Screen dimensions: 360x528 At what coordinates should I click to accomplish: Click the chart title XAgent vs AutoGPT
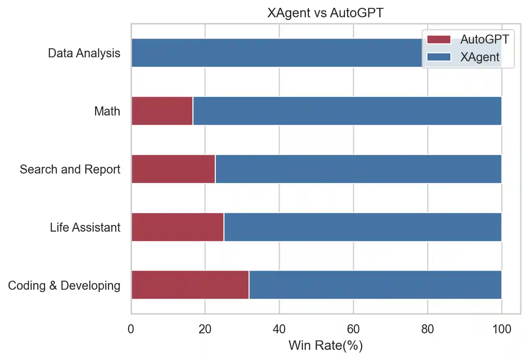pyautogui.click(x=325, y=13)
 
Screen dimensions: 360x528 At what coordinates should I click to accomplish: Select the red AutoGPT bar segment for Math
pyautogui.click(x=162, y=111)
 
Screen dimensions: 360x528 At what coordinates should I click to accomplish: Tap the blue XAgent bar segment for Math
pyautogui.click(x=347, y=111)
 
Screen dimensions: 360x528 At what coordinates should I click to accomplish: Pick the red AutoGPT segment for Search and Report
pyautogui.click(x=173, y=169)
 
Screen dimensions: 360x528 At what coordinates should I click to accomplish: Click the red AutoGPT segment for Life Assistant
pyautogui.click(x=177, y=227)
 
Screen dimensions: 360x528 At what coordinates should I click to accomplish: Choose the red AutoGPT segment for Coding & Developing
pyautogui.click(x=190, y=285)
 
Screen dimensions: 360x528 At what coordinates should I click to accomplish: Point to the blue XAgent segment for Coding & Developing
pyautogui.click(x=375, y=285)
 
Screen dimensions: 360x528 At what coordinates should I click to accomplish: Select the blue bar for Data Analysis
pyautogui.click(x=275, y=53)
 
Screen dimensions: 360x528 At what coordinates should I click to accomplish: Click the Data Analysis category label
pyautogui.click(x=84, y=53)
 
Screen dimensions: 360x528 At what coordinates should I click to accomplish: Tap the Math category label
pyautogui.click(x=107, y=111)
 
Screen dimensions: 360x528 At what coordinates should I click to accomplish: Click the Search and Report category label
pyautogui.click(x=70, y=169)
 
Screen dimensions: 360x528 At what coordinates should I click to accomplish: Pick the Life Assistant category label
pyautogui.click(x=85, y=227)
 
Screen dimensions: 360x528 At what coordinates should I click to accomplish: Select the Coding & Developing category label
pyautogui.click(x=64, y=285)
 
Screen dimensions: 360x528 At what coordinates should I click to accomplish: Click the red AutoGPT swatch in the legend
pyautogui.click(x=438, y=39)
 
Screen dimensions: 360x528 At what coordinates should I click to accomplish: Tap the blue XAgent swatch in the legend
pyautogui.click(x=438, y=57)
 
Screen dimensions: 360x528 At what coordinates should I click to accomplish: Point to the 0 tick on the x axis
pyautogui.click(x=131, y=329)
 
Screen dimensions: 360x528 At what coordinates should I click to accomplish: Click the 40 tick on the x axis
pyautogui.click(x=279, y=329)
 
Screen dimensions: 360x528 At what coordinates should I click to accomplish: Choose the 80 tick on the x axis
pyautogui.click(x=428, y=329)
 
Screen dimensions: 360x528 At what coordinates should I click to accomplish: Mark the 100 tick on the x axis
pyautogui.click(x=501, y=329)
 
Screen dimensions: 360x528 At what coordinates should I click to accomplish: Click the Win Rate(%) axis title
pyautogui.click(x=325, y=345)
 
